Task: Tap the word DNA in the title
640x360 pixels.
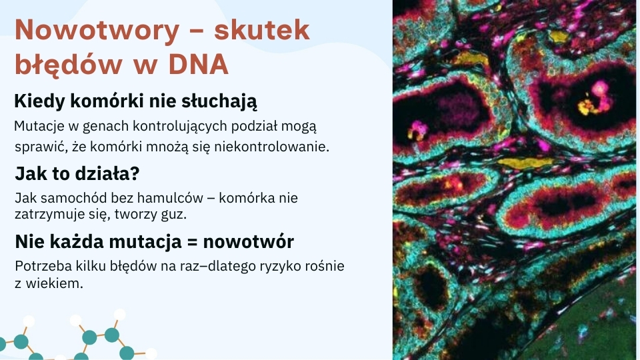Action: (199, 65)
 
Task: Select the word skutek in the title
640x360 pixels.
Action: (261, 29)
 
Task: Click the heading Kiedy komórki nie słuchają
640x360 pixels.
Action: (136, 101)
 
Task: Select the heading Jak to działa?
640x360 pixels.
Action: (77, 173)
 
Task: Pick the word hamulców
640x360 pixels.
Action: (170, 198)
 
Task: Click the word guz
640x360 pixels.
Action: (174, 214)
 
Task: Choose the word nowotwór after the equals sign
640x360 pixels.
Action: (249, 241)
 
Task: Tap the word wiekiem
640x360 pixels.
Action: (54, 283)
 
